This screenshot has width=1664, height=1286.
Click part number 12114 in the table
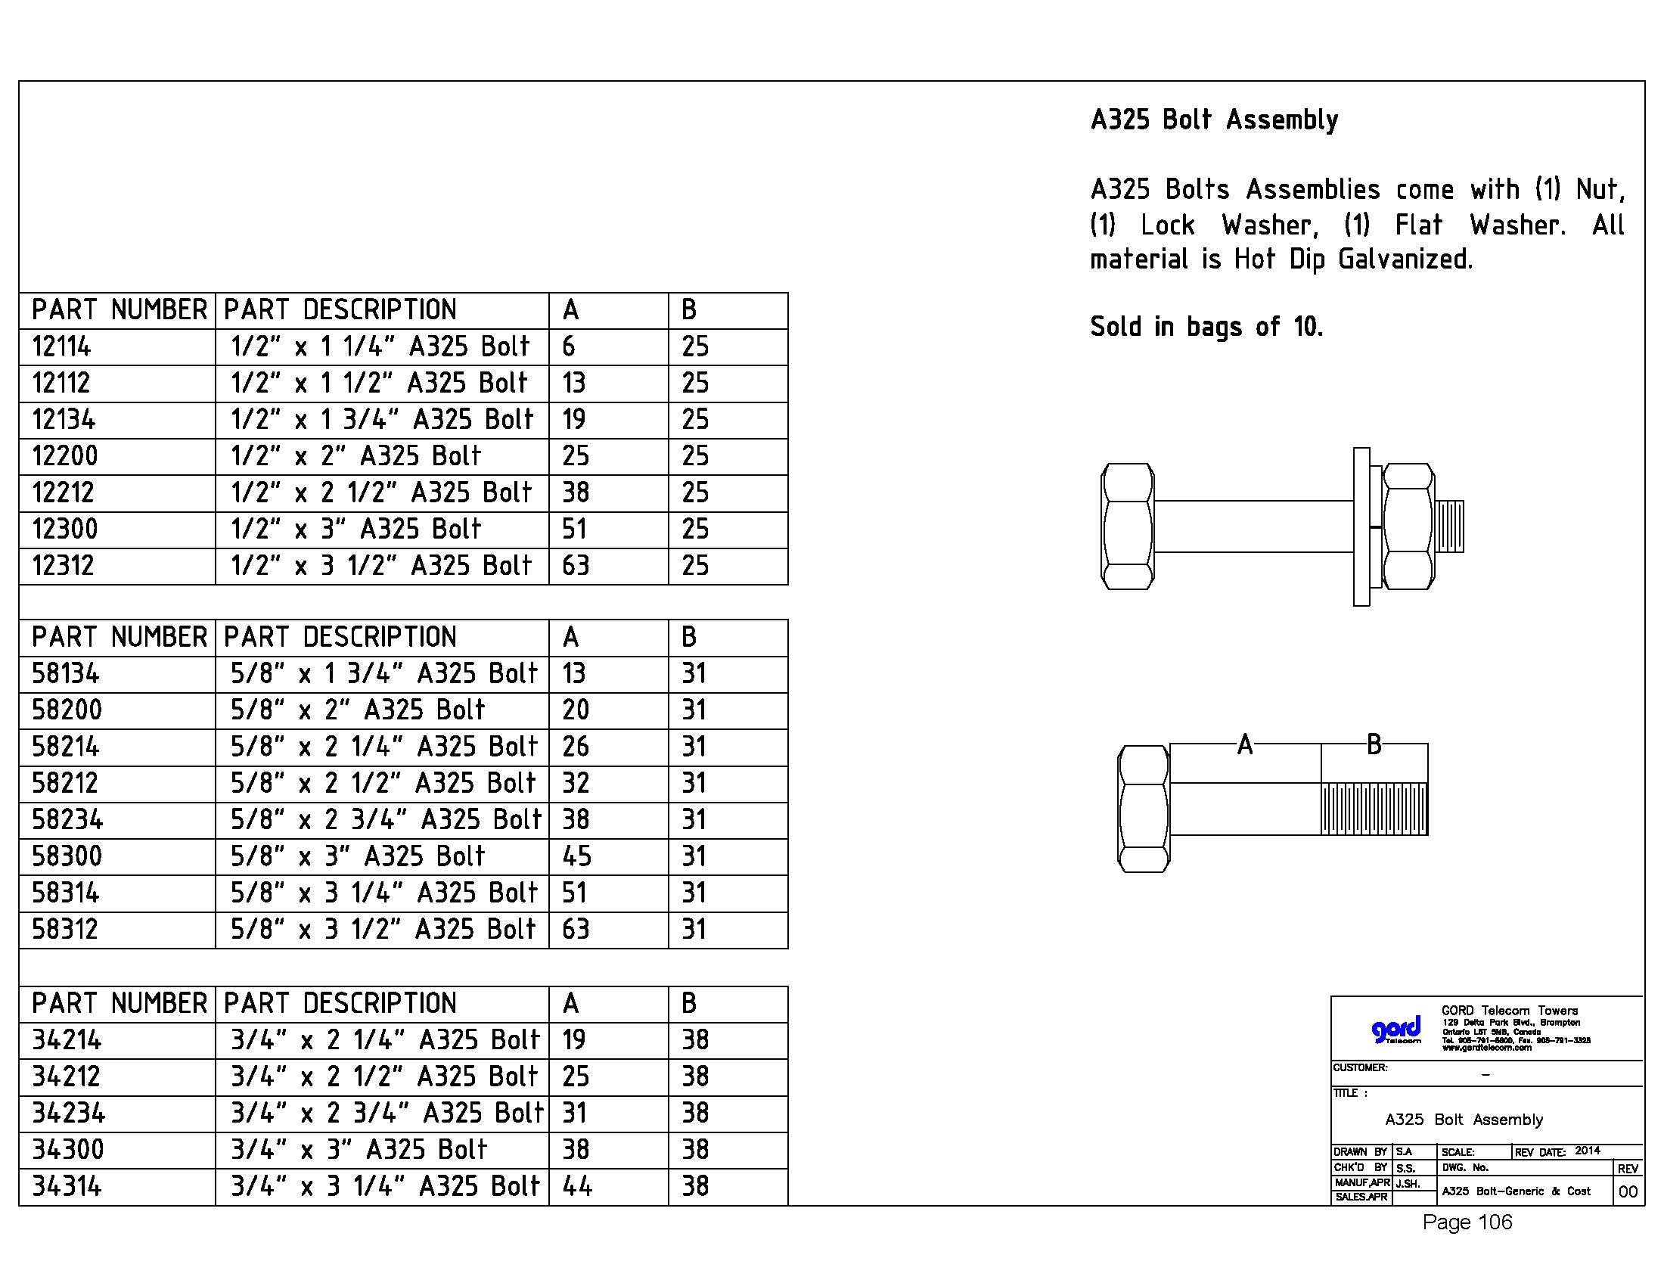pos(61,347)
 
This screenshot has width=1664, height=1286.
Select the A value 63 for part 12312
pos(576,566)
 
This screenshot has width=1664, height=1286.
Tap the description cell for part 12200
pos(355,456)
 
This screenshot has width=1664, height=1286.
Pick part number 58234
pos(67,821)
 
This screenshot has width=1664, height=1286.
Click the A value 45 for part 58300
pos(576,857)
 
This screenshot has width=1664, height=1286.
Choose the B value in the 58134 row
pos(694,674)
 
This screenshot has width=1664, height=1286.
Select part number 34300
pos(67,1151)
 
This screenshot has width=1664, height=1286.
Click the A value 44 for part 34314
pos(577,1187)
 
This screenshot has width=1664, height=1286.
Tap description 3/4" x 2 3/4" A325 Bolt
pos(387,1114)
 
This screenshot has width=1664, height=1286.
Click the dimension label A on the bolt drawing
pos(1245,744)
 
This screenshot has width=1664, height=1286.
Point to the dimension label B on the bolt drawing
pos(1374,744)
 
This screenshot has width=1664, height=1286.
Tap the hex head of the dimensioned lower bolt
pos(1143,809)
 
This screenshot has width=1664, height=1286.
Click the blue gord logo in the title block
pos(1395,1030)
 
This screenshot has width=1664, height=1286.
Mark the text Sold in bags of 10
pos(1206,328)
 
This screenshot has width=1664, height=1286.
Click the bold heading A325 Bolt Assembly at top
pos(1214,120)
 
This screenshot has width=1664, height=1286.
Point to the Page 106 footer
pos(1467,1222)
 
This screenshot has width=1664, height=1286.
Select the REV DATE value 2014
pos(1588,1151)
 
